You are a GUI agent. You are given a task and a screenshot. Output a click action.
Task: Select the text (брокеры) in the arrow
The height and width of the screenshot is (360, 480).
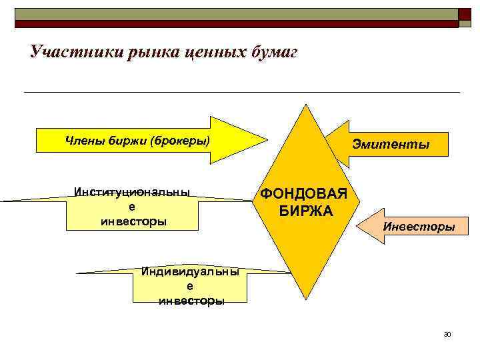pos(179,140)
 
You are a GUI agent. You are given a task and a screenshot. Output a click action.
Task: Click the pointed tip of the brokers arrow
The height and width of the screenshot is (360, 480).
pos(266,140)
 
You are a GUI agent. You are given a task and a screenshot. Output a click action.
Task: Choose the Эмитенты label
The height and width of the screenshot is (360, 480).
pos(391,144)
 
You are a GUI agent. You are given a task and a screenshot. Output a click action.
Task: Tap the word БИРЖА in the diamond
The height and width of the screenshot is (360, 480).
pos(304,211)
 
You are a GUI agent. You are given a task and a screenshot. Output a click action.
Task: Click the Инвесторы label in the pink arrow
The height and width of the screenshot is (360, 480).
pos(419,227)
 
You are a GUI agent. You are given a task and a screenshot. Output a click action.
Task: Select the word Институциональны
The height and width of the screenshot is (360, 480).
pos(132,193)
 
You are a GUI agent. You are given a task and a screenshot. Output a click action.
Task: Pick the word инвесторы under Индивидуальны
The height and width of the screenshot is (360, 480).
pos(191,301)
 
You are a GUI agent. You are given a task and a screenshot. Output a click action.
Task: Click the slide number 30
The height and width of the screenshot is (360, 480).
pos(447,333)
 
